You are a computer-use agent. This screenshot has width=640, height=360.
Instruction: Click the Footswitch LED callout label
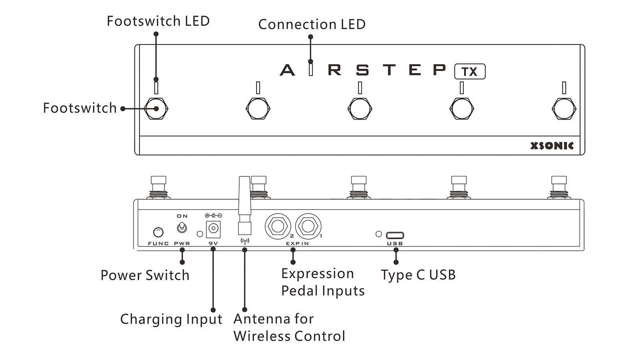(158, 21)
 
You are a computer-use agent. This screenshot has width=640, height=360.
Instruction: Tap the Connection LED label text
(312, 24)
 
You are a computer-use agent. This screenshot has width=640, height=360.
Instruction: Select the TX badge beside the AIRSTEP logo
(470, 72)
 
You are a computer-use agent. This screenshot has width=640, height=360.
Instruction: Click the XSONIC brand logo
(552, 146)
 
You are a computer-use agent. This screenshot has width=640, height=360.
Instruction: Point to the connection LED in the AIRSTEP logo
(311, 69)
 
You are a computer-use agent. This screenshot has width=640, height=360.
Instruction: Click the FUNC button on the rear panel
(158, 232)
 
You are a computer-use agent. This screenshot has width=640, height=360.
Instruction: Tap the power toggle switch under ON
(182, 228)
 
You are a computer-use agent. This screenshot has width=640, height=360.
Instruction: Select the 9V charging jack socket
(213, 229)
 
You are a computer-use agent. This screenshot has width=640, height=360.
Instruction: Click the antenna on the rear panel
(244, 206)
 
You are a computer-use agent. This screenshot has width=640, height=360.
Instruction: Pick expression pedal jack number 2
(278, 226)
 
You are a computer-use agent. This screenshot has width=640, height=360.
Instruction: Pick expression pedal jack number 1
(308, 226)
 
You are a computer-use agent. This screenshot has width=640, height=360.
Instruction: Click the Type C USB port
(395, 235)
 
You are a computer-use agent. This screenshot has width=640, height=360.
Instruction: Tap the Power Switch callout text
(145, 275)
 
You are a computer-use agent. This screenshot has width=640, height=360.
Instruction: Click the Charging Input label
(171, 319)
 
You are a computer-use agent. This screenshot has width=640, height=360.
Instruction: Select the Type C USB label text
(418, 275)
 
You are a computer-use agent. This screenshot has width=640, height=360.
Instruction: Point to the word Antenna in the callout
(258, 319)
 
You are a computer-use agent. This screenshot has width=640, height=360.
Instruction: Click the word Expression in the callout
(317, 274)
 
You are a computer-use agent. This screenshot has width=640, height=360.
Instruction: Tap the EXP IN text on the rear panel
(297, 243)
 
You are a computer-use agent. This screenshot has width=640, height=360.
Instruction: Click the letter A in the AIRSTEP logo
(287, 70)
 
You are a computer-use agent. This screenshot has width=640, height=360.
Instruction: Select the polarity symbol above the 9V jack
(213, 216)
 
